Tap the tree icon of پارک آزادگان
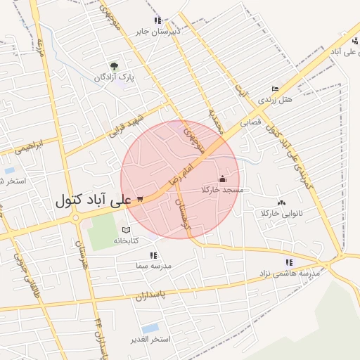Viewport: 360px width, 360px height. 114,67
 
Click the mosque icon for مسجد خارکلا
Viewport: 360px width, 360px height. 223,179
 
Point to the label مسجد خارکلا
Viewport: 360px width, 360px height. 222,190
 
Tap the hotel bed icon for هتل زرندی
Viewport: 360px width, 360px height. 275,89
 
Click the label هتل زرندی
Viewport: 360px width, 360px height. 275,100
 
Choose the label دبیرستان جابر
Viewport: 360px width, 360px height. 158,31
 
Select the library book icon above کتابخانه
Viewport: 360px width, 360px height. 126,230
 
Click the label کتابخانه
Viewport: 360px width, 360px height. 127,240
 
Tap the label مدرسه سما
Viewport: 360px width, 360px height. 154,266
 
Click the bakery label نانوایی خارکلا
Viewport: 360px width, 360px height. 281,212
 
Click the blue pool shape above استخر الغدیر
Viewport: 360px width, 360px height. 150,328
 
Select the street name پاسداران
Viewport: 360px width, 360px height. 174,293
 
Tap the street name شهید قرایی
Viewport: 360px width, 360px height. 131,122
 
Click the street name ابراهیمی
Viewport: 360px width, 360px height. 29,146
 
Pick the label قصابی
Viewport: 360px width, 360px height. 251,122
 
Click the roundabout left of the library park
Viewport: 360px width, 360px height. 75,218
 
